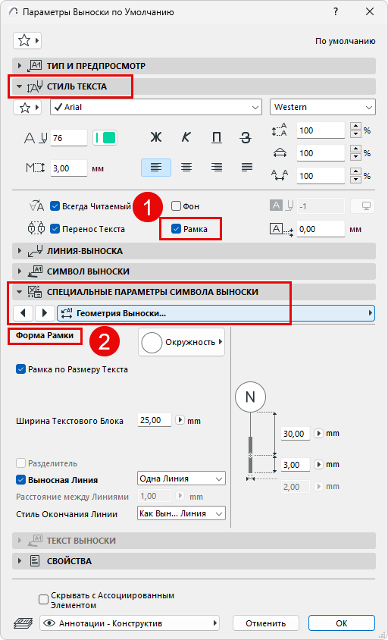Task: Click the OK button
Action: point(342,623)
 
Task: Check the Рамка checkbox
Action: point(177,229)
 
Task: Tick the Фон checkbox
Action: point(176,206)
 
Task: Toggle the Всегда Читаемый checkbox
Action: point(55,206)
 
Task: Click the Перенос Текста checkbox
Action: point(55,229)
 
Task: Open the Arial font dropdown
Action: point(156,108)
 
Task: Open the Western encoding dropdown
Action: point(322,108)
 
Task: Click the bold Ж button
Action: point(156,138)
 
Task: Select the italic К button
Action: point(186,138)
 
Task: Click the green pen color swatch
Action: point(105,138)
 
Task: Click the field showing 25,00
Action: point(155,420)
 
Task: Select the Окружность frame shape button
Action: point(182,342)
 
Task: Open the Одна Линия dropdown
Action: point(182,478)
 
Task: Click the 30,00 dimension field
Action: point(296,434)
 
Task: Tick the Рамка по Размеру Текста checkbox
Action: point(20,369)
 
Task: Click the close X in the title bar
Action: point(370,12)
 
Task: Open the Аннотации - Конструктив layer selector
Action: point(130,623)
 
